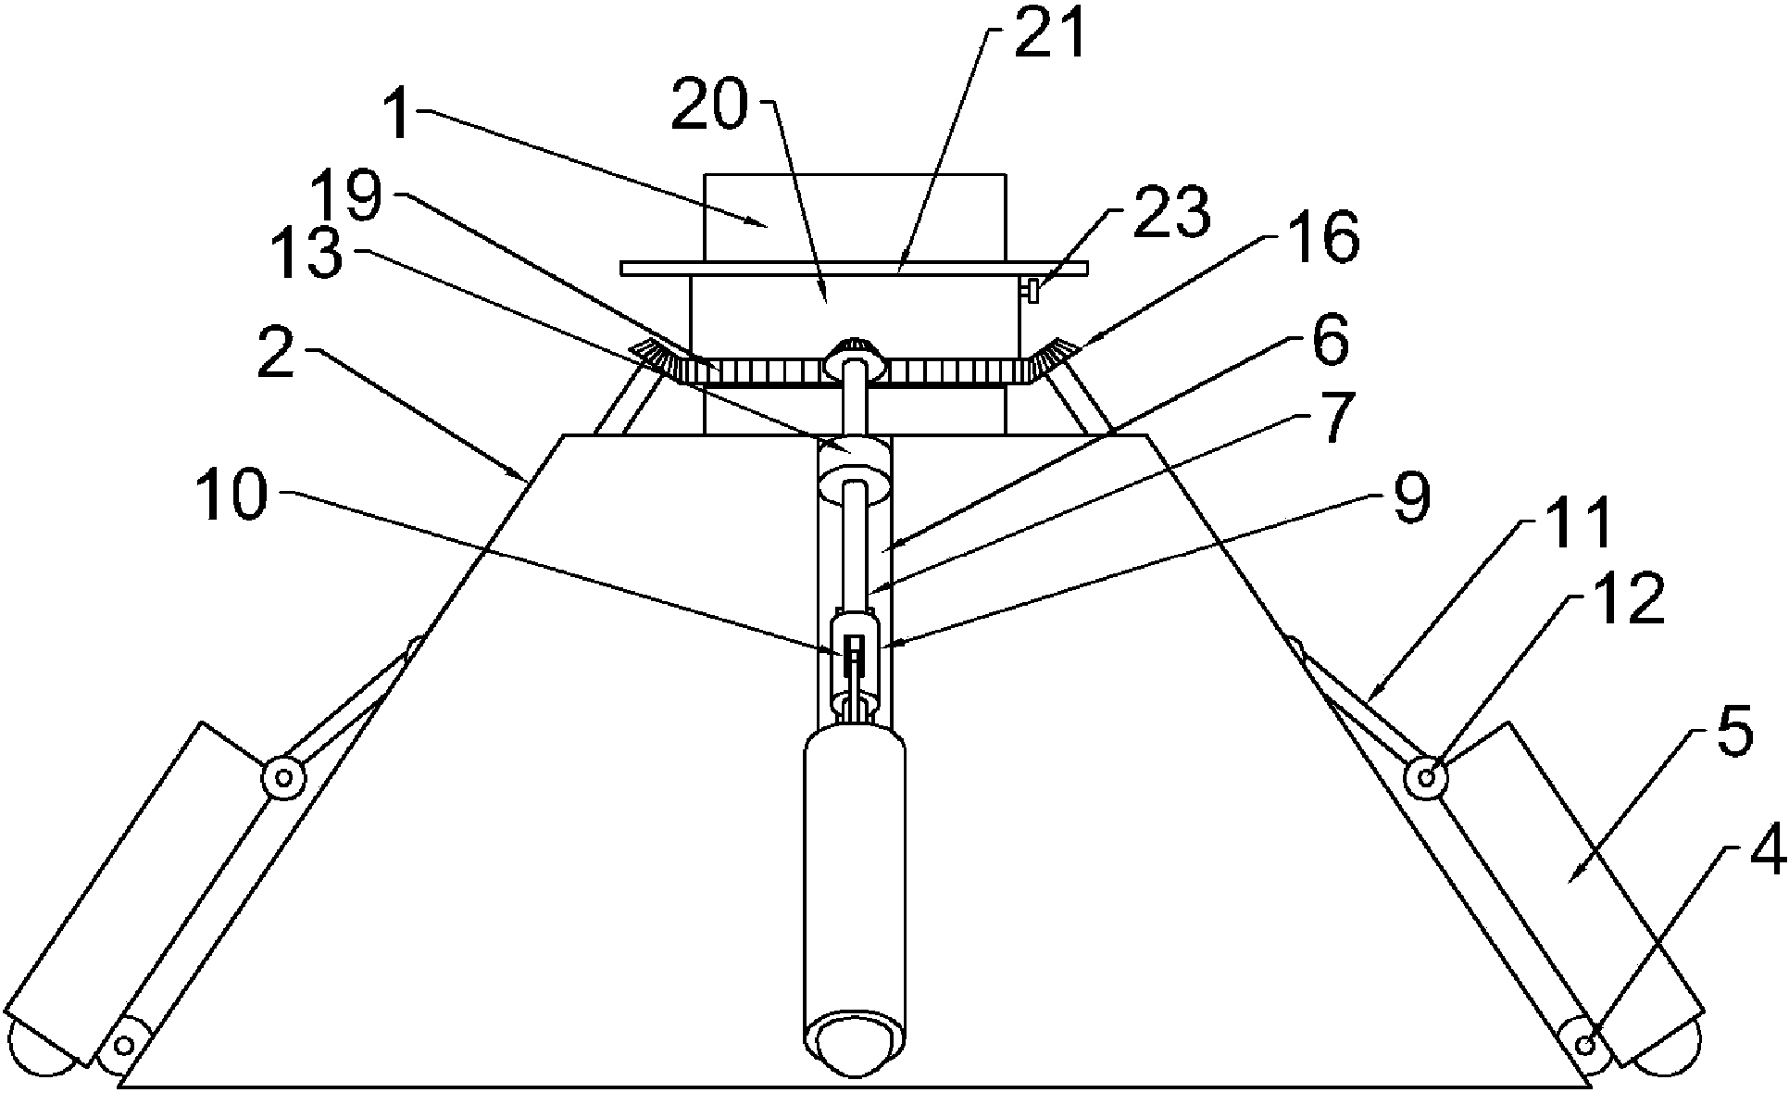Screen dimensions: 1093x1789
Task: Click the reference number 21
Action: coord(1049,39)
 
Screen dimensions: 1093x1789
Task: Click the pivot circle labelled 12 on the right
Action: coord(1426,776)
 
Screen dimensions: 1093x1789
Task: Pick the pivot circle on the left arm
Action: coord(282,775)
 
